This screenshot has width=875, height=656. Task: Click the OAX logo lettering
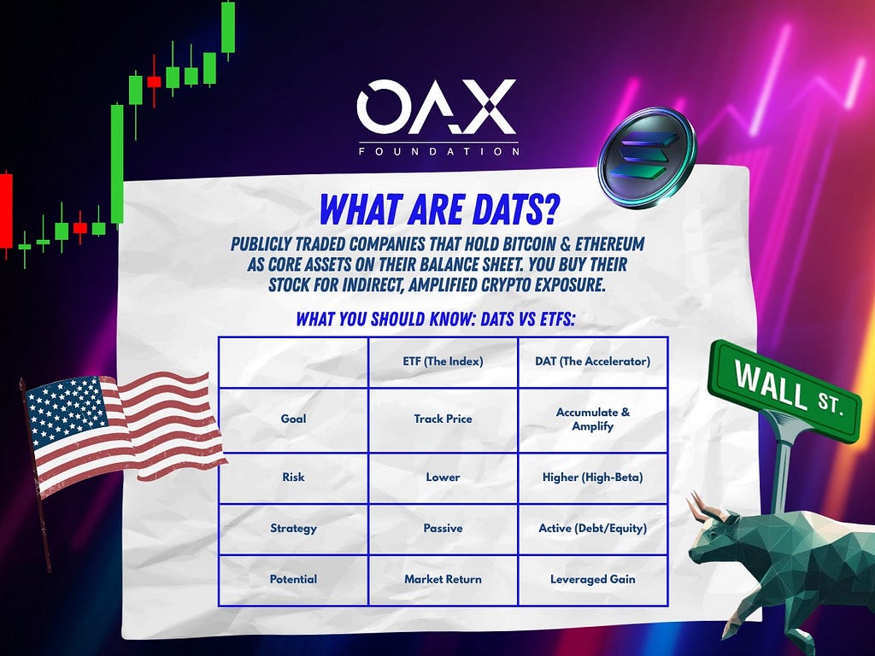click(x=437, y=107)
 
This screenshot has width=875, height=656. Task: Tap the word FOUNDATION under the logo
click(x=439, y=151)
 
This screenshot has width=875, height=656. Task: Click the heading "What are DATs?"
click(x=438, y=210)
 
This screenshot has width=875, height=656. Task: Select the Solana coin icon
click(x=647, y=157)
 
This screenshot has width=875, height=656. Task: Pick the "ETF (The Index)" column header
click(x=443, y=361)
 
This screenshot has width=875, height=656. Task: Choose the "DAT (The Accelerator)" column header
click(x=593, y=361)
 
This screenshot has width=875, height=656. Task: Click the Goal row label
click(x=294, y=419)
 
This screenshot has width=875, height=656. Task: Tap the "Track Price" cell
click(x=443, y=419)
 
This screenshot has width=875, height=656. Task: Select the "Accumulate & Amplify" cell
click(x=593, y=419)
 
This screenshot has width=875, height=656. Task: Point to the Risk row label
click(x=294, y=477)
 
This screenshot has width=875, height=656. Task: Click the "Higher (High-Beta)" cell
click(x=593, y=477)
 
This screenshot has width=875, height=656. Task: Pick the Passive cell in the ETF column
click(x=443, y=528)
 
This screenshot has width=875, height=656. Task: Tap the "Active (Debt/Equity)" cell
click(x=593, y=528)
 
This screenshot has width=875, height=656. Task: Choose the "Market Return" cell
click(x=443, y=579)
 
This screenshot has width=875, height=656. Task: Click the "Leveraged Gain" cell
click(x=593, y=580)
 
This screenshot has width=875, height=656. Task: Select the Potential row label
click(x=294, y=579)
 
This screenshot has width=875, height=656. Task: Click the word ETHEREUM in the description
click(x=610, y=243)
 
